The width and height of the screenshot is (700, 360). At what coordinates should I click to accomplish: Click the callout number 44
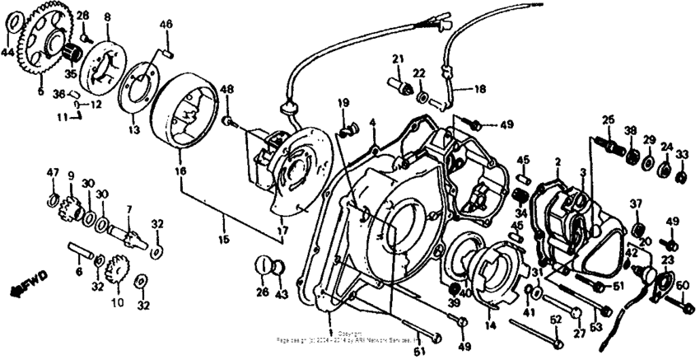pyautogui.click(x=7, y=52)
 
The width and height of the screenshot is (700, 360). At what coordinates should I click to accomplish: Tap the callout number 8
pyautogui.click(x=106, y=16)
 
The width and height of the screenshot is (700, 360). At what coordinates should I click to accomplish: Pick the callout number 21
pyautogui.click(x=399, y=58)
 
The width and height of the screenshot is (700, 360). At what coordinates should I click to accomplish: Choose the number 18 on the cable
pyautogui.click(x=479, y=86)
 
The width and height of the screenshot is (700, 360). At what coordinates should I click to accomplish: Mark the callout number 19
pyautogui.click(x=343, y=103)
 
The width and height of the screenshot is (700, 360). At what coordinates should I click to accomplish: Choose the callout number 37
pyautogui.click(x=636, y=204)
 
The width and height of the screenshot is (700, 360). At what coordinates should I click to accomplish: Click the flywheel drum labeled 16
pyautogui.click(x=183, y=107)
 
